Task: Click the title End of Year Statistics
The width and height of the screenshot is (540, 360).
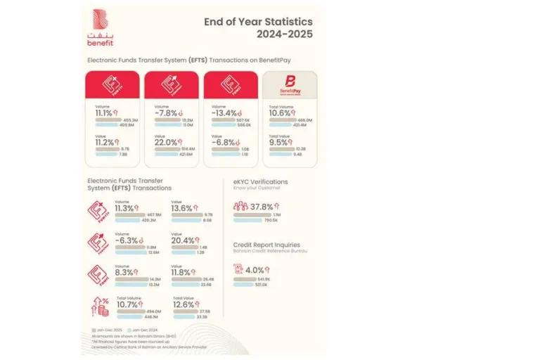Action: point(258,21)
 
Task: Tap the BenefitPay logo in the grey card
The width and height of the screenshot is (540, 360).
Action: point(288,86)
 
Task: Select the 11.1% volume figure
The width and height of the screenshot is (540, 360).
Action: point(104,112)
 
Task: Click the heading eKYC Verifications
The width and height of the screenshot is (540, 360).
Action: point(260,181)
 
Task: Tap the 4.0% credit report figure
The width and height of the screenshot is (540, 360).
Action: point(255,269)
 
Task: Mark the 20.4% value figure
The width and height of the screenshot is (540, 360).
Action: point(184,240)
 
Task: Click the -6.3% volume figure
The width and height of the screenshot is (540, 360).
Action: point(127,240)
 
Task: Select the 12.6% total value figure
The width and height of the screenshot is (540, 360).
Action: point(186,304)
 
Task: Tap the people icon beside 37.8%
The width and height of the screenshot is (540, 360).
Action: point(240,206)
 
